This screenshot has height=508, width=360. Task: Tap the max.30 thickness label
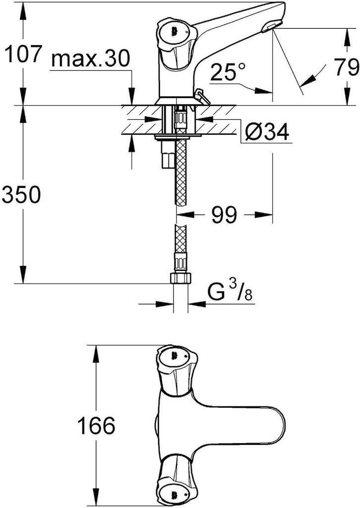coord(91,59)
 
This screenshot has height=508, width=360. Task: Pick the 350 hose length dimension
coord(21,194)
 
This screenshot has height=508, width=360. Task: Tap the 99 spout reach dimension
coord(224,214)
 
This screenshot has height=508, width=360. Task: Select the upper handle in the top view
coord(177,369)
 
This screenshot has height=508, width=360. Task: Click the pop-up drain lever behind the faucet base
coord(202,97)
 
